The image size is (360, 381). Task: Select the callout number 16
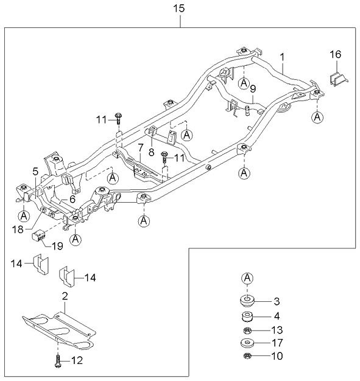[x=336, y=55]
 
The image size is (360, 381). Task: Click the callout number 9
[x=253, y=89]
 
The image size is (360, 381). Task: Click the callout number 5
[x=35, y=172]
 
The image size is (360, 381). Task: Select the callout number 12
[x=77, y=361]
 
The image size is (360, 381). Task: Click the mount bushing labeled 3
[x=247, y=301]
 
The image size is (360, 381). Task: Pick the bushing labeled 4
[x=247, y=317]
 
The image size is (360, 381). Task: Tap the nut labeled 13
[x=247, y=331]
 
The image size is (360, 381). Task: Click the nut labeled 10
[x=247, y=356]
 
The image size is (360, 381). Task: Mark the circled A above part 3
[x=247, y=279]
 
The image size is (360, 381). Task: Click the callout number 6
[x=72, y=198]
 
